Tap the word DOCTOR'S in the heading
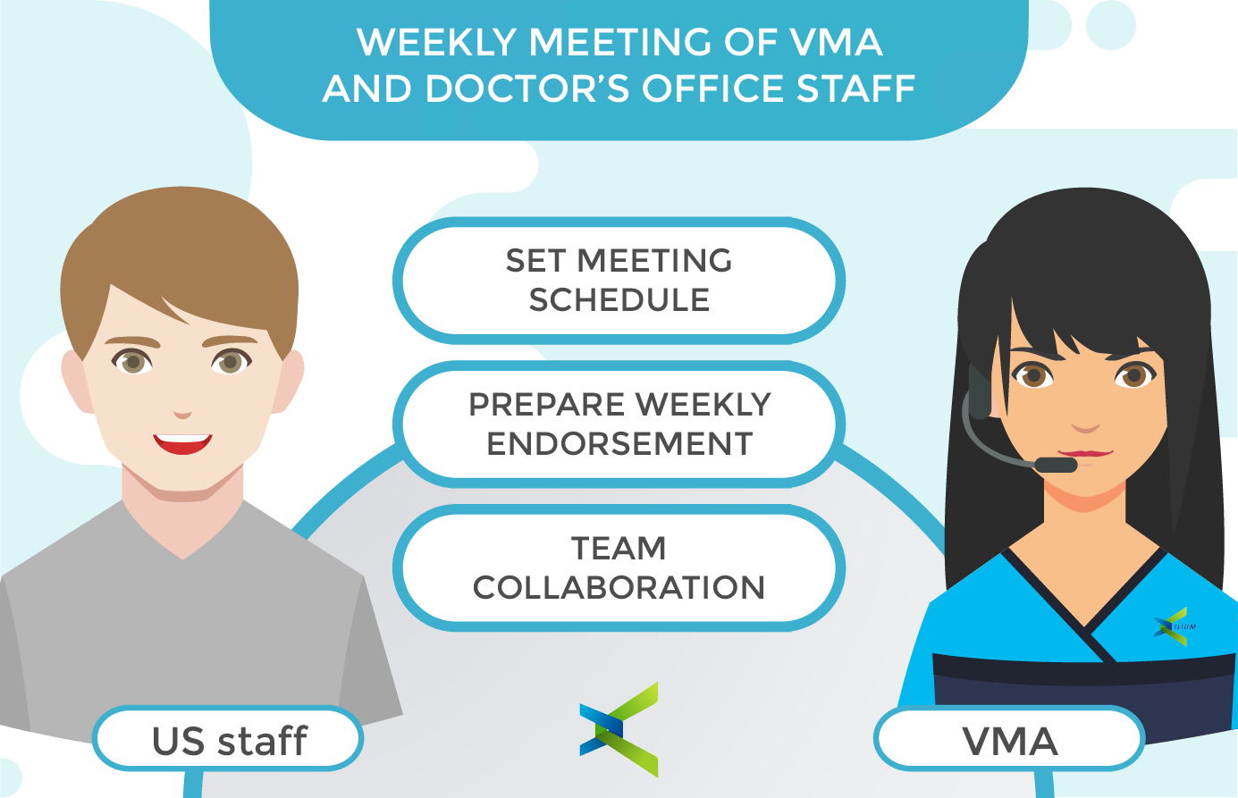pos(527,88)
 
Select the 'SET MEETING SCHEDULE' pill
pos(619,281)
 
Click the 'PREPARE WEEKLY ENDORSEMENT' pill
pos(619,424)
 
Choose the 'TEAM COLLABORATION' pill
pos(619,567)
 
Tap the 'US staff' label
pos(228,739)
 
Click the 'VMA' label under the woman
pos(1009,739)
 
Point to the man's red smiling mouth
pos(182,444)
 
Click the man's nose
pos(182,414)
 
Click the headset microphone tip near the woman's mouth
pos(1056,465)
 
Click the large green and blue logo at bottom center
pos(619,729)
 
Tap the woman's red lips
pos(1085,454)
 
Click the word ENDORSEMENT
pos(619,444)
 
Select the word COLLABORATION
pos(619,587)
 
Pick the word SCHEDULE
pos(619,300)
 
